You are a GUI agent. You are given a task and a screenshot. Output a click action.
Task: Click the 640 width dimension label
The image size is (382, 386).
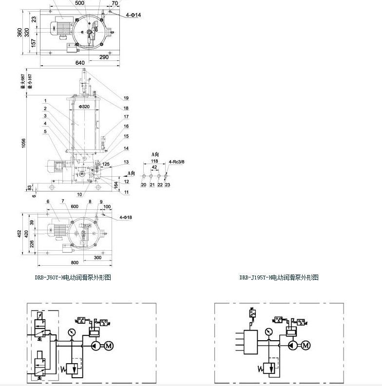[x=80, y=62]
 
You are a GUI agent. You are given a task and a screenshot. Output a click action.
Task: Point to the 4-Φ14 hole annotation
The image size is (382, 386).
[x=133, y=16]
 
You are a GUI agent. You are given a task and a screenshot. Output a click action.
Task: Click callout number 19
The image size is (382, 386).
[x=126, y=98]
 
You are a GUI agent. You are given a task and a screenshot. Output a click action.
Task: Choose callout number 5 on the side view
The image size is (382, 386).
[x=45, y=131]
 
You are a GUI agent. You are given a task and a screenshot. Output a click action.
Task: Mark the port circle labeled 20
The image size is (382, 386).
[x=144, y=176]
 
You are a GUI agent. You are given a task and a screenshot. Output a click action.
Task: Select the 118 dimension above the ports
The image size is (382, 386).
[x=155, y=161]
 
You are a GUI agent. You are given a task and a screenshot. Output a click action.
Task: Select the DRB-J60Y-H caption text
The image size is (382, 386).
[x=73, y=277]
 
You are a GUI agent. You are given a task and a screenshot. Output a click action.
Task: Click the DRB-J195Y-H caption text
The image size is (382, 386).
[x=279, y=277]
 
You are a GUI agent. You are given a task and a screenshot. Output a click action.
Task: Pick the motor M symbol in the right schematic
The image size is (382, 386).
[x=306, y=345]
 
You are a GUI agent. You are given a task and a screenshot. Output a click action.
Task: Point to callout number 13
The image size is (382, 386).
[x=126, y=162]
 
